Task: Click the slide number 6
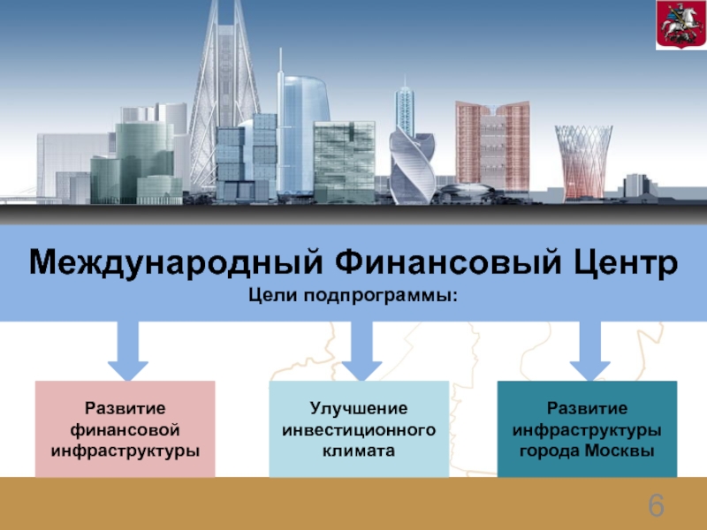click(656, 507)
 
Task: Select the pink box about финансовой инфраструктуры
click(125, 428)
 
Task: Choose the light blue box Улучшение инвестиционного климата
click(359, 428)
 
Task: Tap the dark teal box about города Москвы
click(587, 428)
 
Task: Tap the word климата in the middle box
click(359, 450)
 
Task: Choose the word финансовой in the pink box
click(125, 429)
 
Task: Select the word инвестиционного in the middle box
click(359, 429)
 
